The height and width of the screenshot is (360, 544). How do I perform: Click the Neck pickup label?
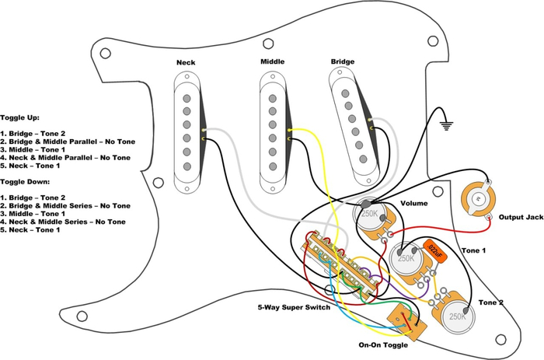(x=186, y=61)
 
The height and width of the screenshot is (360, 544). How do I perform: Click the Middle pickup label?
(x=272, y=61)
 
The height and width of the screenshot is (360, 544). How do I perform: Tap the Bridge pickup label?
(x=343, y=61)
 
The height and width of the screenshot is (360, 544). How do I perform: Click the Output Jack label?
(x=520, y=217)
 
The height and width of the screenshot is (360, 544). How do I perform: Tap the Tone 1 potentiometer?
(x=406, y=259)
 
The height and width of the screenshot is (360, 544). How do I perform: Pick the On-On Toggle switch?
(x=403, y=320)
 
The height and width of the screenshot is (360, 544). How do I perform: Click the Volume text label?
(x=414, y=204)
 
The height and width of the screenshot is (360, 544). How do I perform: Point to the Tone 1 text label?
(x=473, y=250)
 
